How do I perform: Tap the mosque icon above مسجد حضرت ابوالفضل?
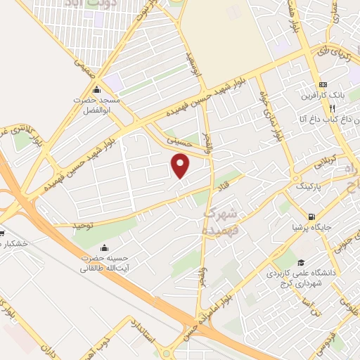point(96,91)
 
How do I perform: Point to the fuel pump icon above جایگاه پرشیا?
point(311,217)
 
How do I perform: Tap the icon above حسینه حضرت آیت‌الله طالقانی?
point(105,247)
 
